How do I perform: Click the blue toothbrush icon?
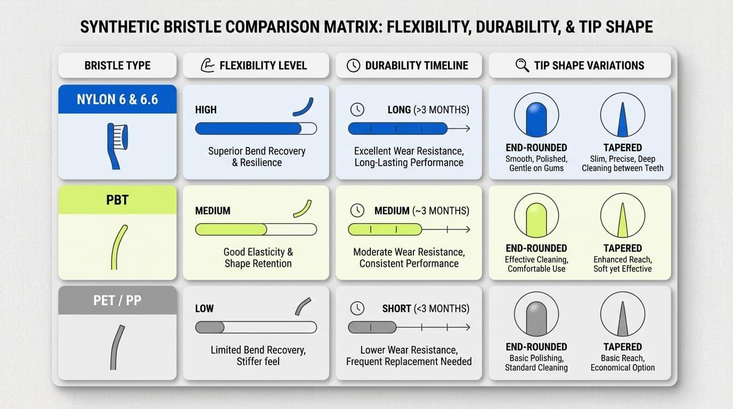coord(117,145)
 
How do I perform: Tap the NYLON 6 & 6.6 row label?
coord(117,99)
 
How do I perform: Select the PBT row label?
coord(117,200)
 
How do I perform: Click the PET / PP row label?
coord(117,300)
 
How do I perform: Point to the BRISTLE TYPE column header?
coord(117,66)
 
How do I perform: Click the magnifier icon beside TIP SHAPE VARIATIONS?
coord(522,66)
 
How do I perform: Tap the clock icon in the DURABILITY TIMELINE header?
coord(353,66)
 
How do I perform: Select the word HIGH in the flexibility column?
coord(206,110)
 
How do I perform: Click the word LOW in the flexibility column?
coord(204,309)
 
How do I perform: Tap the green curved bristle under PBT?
coord(119,247)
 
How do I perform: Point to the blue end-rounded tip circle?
coord(536,115)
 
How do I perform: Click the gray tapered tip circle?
coord(622,314)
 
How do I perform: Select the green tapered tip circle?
coord(622,216)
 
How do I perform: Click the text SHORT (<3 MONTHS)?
coord(426,309)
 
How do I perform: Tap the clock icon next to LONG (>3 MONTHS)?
coord(357,110)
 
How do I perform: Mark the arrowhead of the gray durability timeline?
coord(467,327)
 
